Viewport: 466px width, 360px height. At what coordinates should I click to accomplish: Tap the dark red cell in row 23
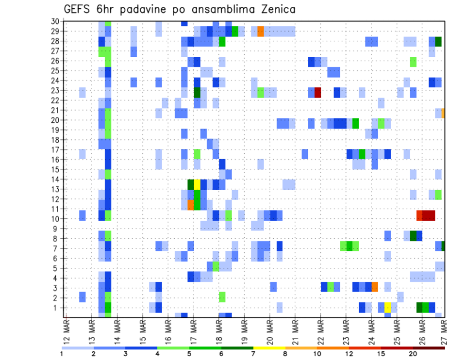[x=318, y=92]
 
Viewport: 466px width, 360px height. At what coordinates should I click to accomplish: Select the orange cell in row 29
[x=261, y=32]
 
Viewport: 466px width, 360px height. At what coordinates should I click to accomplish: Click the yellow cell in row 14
[x=197, y=184]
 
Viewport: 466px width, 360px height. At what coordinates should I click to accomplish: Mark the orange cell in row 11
[x=191, y=205]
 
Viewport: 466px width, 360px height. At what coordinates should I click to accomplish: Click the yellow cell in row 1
[x=388, y=307]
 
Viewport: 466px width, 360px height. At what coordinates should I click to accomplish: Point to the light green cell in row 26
[x=413, y=62]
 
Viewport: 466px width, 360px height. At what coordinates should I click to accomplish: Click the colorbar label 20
[x=413, y=354]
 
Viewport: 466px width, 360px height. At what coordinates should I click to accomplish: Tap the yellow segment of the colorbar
[x=269, y=348]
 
